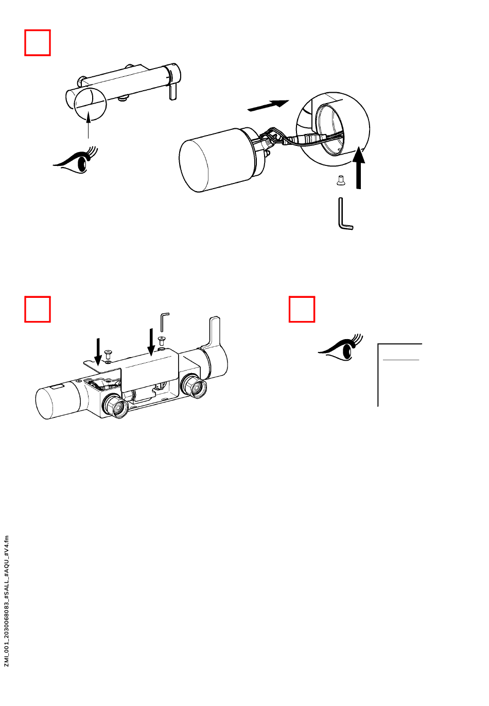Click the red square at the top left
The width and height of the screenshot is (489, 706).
click(x=38, y=43)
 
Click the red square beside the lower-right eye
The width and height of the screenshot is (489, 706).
click(x=302, y=309)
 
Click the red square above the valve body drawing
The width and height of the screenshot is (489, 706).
click(x=38, y=309)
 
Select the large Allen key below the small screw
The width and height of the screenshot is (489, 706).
click(x=344, y=214)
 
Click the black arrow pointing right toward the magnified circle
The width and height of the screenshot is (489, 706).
click(x=268, y=105)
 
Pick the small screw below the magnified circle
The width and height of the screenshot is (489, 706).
click(x=340, y=180)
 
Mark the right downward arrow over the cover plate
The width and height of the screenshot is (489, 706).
click(x=151, y=341)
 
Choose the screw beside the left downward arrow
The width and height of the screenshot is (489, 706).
click(x=108, y=355)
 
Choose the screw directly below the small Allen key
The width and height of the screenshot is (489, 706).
click(x=162, y=341)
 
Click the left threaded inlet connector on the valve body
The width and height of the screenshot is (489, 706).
click(x=116, y=405)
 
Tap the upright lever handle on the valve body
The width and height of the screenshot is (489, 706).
click(x=215, y=333)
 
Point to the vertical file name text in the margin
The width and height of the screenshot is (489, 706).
click(x=7, y=600)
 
